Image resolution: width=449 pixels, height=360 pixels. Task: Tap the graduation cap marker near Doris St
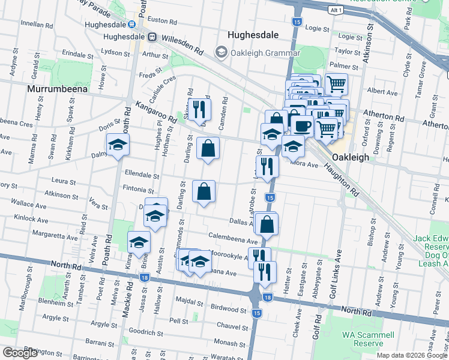[118, 145]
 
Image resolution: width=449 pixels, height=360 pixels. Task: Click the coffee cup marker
[302, 125]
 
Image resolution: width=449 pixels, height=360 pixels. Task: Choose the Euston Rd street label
[160, 20]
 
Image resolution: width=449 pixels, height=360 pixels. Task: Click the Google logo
[20, 353]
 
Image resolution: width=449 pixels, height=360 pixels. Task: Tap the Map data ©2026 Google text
[412, 355]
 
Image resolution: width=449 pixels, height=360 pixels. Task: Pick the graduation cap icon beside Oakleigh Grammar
[221, 53]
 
